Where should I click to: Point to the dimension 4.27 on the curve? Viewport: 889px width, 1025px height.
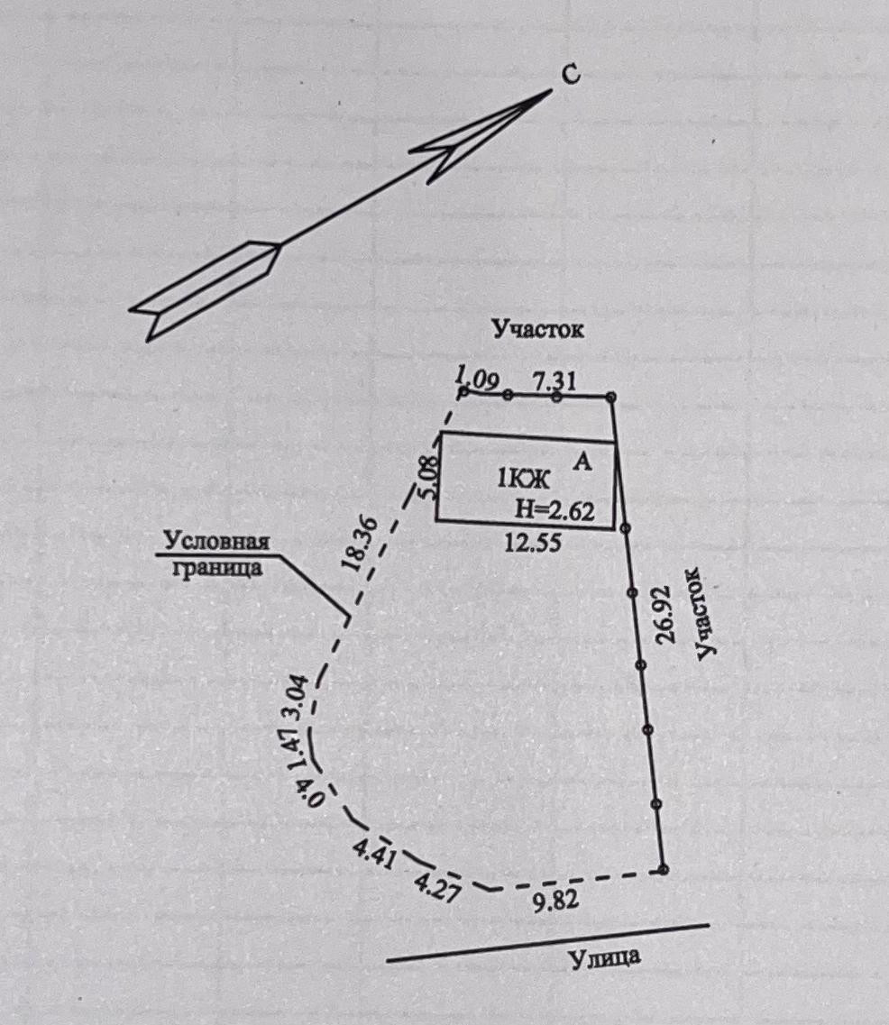click(436, 882)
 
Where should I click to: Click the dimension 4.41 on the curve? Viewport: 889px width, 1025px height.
click(373, 852)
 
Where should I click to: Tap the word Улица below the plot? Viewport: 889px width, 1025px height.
click(605, 956)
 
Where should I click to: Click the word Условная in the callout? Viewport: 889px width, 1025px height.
click(216, 543)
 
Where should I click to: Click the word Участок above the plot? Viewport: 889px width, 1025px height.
click(538, 329)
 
